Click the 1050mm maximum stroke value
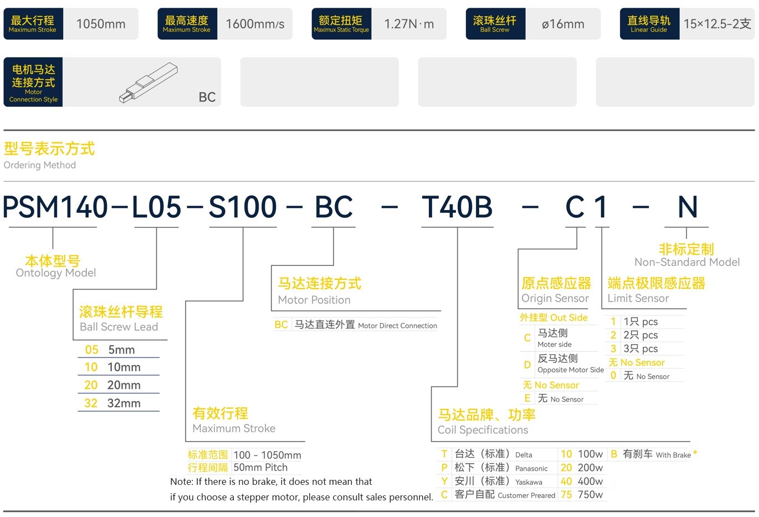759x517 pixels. point(101,24)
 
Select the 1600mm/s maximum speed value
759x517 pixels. point(255,24)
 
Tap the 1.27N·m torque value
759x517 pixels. point(409,24)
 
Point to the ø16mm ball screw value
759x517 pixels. point(563,24)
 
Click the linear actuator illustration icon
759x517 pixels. point(148,83)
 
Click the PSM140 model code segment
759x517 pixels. point(55,207)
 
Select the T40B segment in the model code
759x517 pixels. point(457,207)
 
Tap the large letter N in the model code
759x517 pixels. point(688,207)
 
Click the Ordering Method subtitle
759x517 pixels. point(40,165)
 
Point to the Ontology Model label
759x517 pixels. point(56,273)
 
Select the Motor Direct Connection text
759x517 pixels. point(397,326)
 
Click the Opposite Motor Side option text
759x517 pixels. point(570,370)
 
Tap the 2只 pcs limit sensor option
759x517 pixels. point(640,335)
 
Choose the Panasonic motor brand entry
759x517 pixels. point(501,468)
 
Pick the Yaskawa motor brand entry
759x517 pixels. point(499,482)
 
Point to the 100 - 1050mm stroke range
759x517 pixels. point(268,455)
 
